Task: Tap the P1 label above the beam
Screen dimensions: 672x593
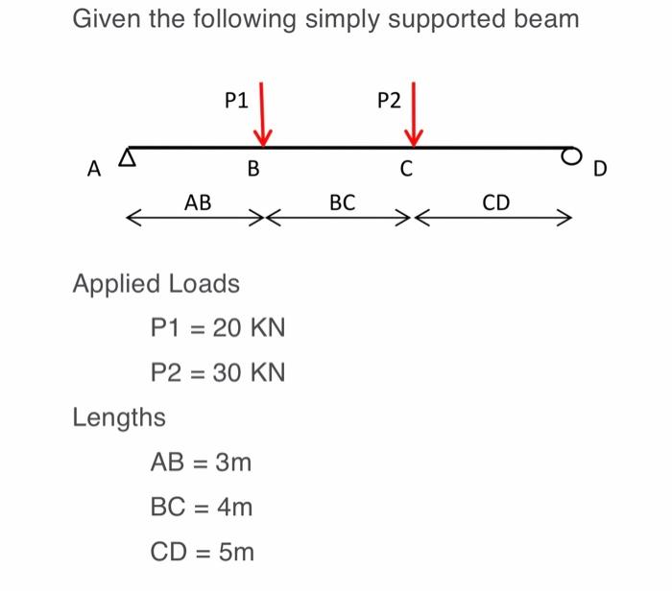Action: point(235,99)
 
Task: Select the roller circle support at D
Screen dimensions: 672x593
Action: point(572,154)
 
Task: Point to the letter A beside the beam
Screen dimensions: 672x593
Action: point(93,170)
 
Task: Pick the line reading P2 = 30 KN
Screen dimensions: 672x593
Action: point(218,372)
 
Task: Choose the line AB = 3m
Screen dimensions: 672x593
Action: point(202,463)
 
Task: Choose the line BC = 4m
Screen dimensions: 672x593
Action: point(202,507)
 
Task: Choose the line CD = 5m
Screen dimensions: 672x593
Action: point(202,552)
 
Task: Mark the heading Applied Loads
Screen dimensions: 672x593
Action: point(156,285)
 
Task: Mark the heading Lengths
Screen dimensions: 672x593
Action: point(119,417)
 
